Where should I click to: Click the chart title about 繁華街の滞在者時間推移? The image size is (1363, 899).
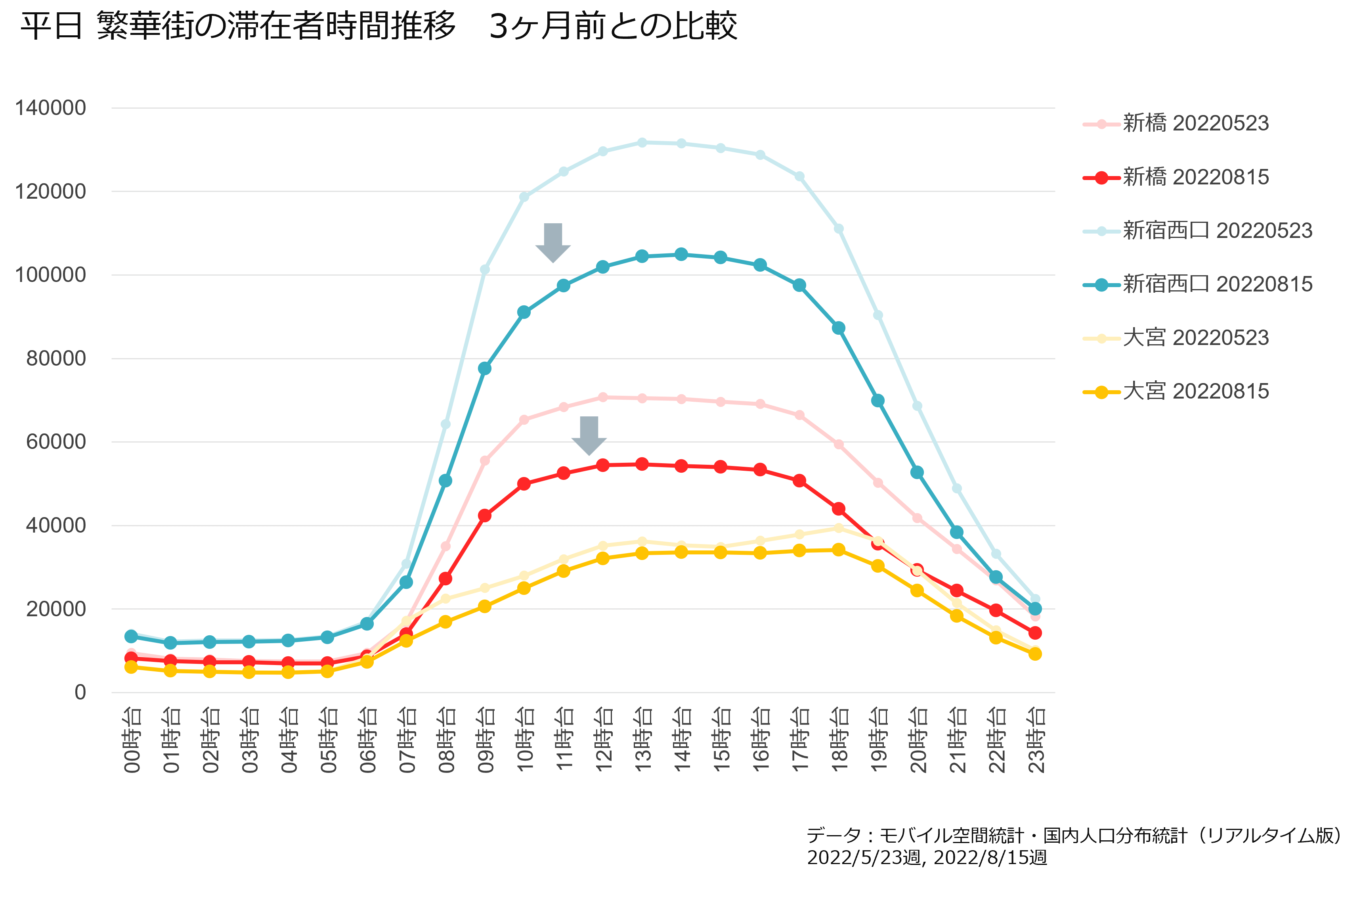pos(379,27)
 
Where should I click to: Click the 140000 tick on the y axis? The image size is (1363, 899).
pos(50,108)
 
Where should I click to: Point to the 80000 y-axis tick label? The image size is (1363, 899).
pos(56,358)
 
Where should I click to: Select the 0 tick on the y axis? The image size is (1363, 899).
pos(80,693)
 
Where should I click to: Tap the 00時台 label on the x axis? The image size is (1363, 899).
pos(132,740)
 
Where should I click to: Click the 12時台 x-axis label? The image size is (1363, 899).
pos(603,740)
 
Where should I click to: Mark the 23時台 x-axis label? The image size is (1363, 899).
pos(1035,740)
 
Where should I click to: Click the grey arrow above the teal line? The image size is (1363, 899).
pos(553,243)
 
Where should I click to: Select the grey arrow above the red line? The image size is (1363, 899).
pos(589,436)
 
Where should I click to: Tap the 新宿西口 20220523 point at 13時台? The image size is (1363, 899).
pos(642,142)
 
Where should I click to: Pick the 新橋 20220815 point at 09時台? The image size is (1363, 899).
pos(485,516)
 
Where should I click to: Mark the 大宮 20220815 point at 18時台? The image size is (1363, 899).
pos(839,550)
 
